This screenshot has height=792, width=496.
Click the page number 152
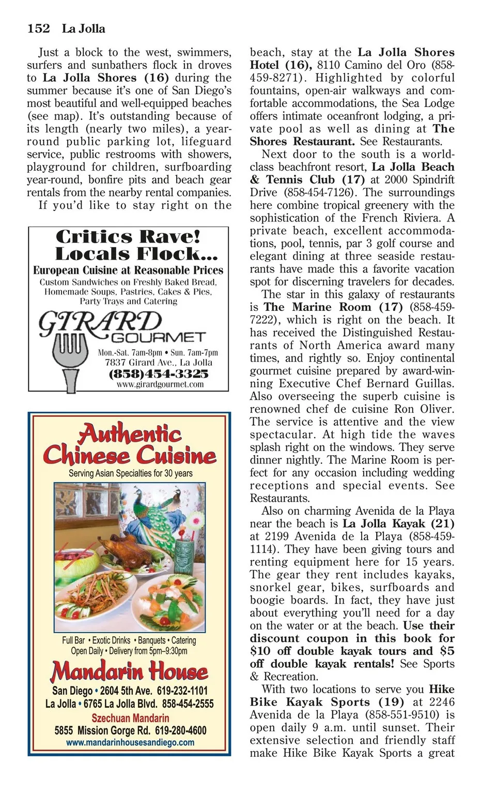(39, 28)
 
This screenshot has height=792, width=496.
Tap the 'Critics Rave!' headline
(128, 236)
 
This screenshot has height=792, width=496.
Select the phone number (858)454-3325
(159, 373)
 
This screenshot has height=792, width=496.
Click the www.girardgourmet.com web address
(160, 384)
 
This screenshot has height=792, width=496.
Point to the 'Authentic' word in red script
(130, 433)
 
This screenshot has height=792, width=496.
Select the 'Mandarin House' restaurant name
(129, 671)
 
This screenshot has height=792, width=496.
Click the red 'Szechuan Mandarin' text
(130, 718)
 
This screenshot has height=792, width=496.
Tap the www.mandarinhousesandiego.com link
(130, 742)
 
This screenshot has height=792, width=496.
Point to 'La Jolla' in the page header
(83, 28)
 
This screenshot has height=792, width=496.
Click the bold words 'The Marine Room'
(317, 307)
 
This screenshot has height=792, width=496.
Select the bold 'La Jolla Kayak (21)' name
(398, 524)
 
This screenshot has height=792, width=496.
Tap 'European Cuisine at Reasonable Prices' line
(128, 270)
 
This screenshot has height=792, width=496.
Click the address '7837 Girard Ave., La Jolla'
(159, 363)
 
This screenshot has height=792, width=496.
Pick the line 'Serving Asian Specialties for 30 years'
(130, 473)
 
